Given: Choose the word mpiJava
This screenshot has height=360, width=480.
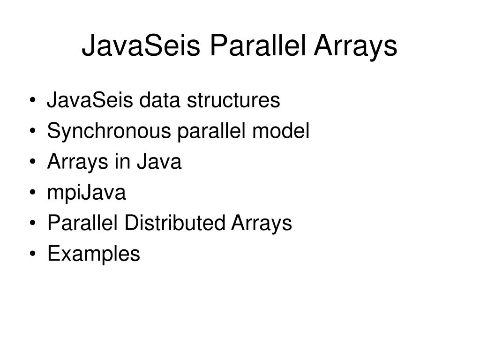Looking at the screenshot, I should click(x=87, y=193).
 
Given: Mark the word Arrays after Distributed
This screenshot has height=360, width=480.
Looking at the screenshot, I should click(x=262, y=223).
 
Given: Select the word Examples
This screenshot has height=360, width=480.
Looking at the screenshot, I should click(x=93, y=254).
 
